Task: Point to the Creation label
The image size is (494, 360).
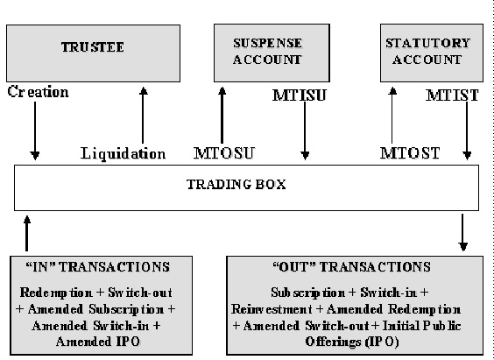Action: pos(38,90)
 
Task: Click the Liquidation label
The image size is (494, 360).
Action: pos(123,154)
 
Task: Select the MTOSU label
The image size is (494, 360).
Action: pos(223,154)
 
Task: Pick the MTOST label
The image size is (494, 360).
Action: pos(408,154)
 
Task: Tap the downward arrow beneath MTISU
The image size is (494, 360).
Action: pos(304,131)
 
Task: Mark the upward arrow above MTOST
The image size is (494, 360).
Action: pos(392,114)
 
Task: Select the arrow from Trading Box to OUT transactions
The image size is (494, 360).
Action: pos(463,233)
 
